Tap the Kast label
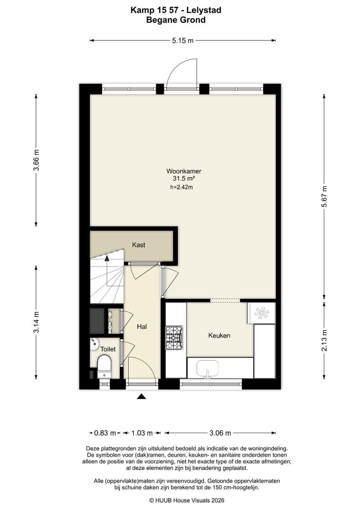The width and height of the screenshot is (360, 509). pyautogui.click(x=139, y=245)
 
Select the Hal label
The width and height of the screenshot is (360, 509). pyautogui.click(x=142, y=327)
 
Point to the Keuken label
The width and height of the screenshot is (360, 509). pyautogui.click(x=219, y=335)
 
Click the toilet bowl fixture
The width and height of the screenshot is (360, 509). pyautogui.click(x=104, y=367)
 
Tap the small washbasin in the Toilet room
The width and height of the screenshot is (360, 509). pyautogui.click(x=94, y=344)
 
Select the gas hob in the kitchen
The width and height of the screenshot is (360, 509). pyautogui.click(x=174, y=338)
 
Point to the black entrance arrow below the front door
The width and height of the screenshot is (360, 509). pyautogui.click(x=141, y=396)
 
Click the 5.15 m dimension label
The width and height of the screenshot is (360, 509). pyautogui.click(x=183, y=41)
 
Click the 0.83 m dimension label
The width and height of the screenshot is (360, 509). pyautogui.click(x=105, y=433)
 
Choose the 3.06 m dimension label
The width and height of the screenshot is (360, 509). pyautogui.click(x=220, y=433)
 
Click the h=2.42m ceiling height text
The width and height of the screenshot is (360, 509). pyautogui.click(x=181, y=187)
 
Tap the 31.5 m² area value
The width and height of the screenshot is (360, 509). pyautogui.click(x=184, y=179)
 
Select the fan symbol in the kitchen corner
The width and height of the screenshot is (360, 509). pyautogui.click(x=261, y=313)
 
